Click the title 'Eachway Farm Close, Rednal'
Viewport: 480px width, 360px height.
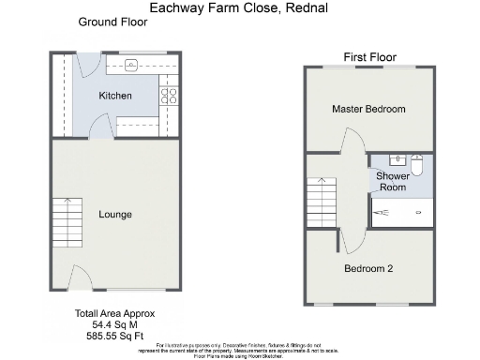239,7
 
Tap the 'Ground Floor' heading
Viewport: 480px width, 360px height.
112,22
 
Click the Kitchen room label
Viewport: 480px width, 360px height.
115,96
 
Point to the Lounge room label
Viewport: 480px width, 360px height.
115,215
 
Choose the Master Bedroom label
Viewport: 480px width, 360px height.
368,110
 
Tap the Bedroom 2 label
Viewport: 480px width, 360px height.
367,269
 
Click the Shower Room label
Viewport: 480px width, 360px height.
392,181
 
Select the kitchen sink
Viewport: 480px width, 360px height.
131,65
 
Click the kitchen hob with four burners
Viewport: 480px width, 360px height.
171,95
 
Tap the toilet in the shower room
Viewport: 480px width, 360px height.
418,165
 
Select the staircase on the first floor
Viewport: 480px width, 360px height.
321,200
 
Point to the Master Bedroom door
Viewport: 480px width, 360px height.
352,144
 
